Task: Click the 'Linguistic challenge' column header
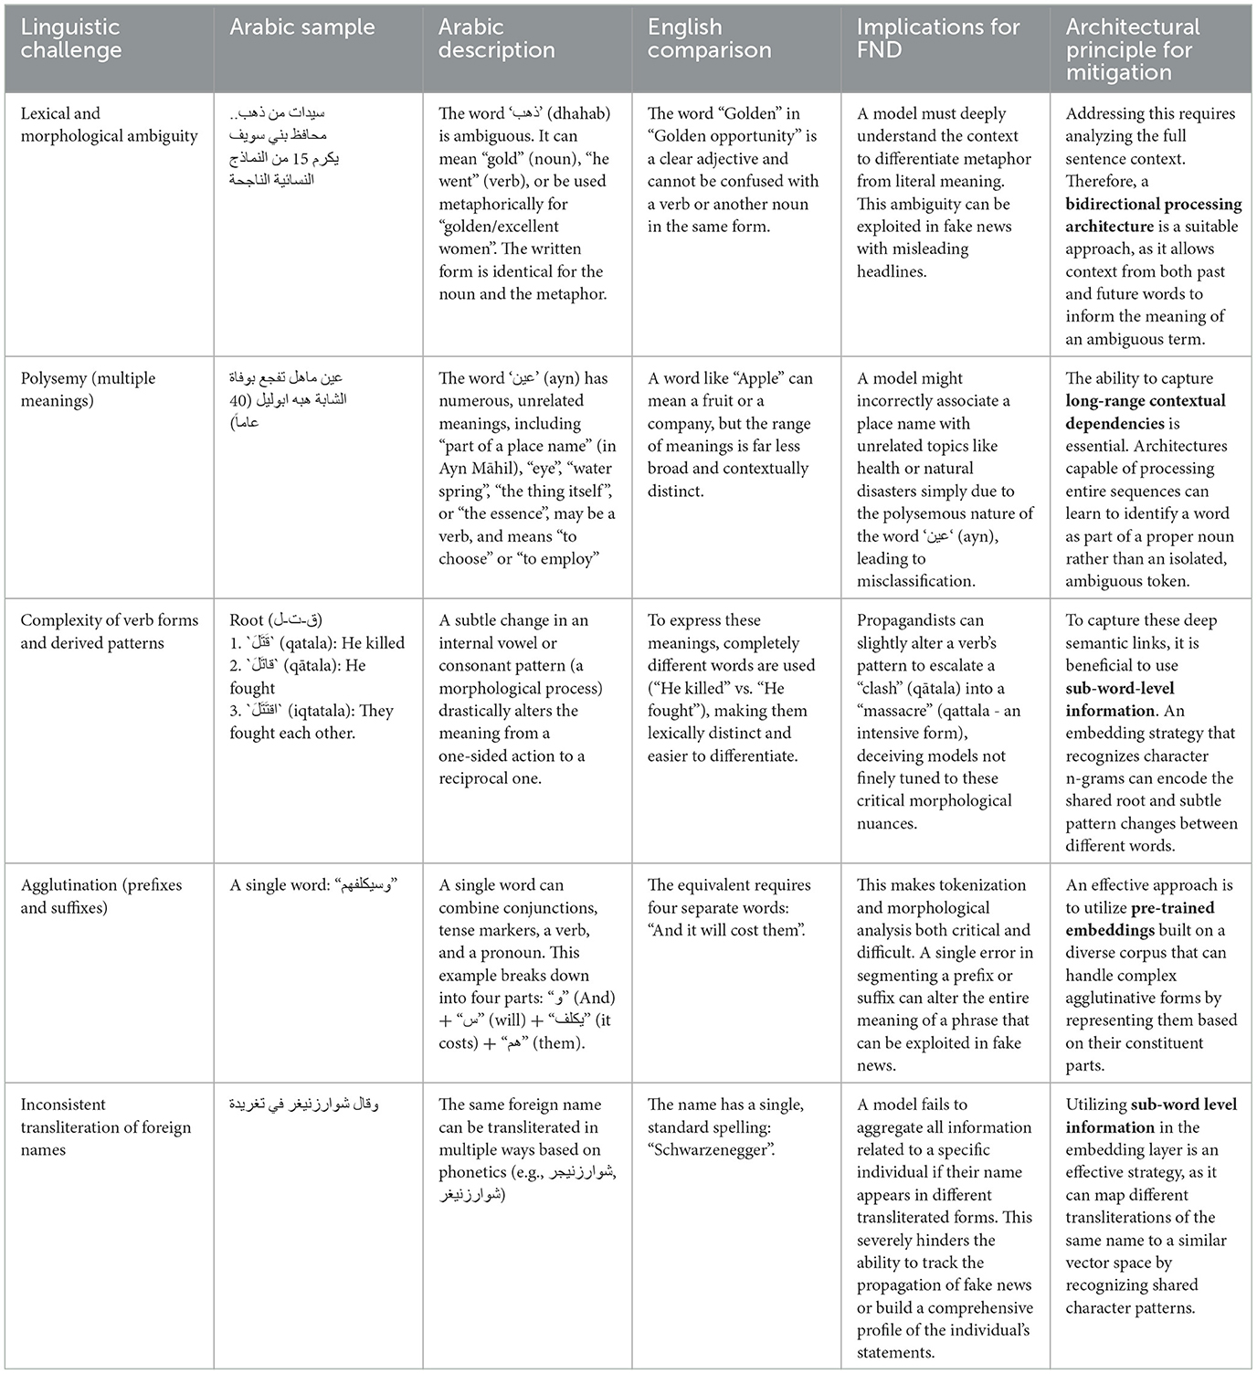[71, 38]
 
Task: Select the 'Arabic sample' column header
[301, 27]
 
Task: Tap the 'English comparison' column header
[709, 38]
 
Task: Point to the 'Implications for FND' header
[937, 38]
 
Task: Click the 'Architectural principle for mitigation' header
[1133, 49]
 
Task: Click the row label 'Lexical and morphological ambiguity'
[109, 124]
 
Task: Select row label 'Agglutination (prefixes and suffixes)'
[100, 895]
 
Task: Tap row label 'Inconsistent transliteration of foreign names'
[105, 1126]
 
